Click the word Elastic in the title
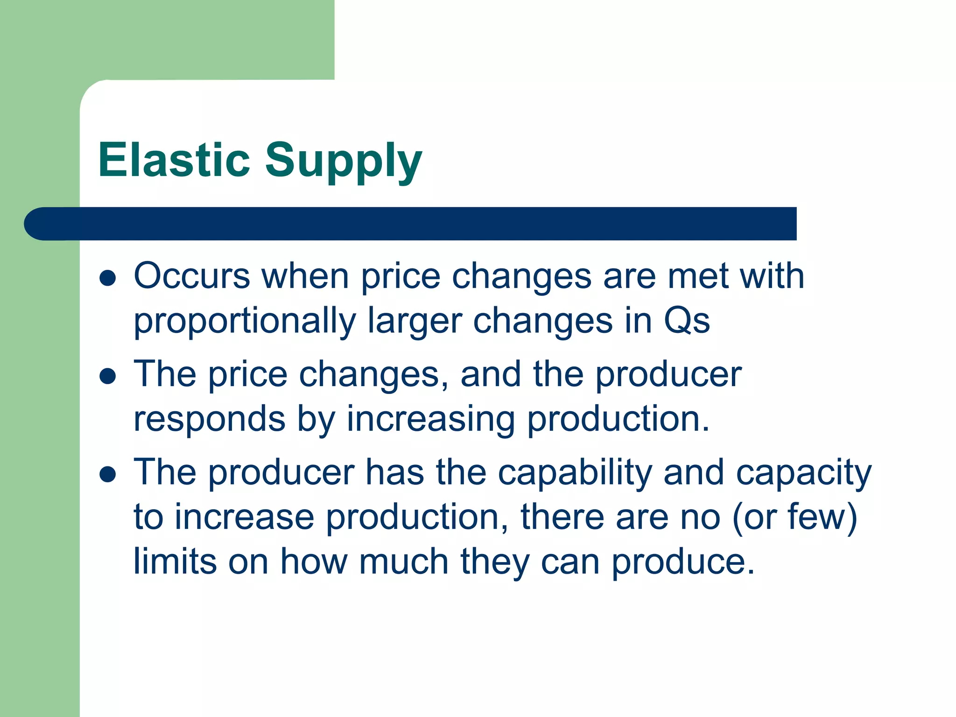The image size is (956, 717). (x=174, y=160)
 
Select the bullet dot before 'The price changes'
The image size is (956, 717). (x=108, y=376)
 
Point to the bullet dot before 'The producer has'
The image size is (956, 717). (x=108, y=474)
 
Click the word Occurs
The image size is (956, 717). (x=192, y=276)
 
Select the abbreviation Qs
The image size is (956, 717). (x=687, y=322)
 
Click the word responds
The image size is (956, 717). (x=209, y=419)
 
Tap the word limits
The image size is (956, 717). (x=175, y=561)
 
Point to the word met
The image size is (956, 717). (x=697, y=276)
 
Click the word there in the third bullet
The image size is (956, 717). (x=562, y=517)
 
